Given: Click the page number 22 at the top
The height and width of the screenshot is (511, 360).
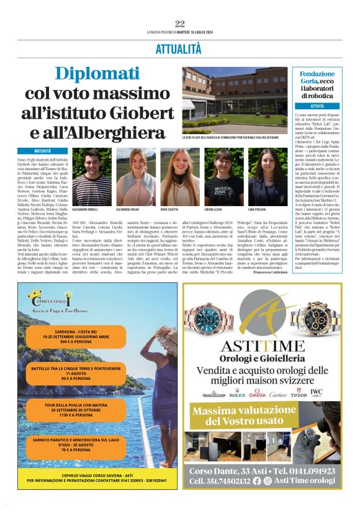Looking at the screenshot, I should tap(180, 24).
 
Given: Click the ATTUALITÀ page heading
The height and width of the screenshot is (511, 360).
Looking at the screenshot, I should tap(179, 48).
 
